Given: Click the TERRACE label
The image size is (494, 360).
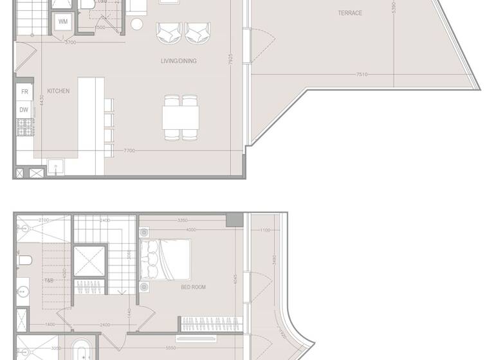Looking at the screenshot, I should (350, 13).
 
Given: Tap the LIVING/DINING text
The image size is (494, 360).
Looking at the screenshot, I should (179, 61).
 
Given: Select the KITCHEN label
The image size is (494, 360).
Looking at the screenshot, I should (58, 91).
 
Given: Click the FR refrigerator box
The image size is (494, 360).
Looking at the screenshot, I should (24, 92).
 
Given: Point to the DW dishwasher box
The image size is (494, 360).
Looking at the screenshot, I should (24, 110).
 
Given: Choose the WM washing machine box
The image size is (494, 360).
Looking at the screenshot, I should (63, 22).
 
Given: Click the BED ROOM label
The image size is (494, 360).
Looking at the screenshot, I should (193, 287).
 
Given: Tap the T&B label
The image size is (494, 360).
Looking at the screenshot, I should (49, 281).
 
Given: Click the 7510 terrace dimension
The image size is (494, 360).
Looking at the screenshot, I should (362, 75).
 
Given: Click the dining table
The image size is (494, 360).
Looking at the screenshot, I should (180, 117).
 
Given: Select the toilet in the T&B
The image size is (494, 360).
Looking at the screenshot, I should (25, 260).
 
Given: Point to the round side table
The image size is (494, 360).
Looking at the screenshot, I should (137, 24).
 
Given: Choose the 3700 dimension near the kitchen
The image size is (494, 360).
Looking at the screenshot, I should (70, 42).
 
